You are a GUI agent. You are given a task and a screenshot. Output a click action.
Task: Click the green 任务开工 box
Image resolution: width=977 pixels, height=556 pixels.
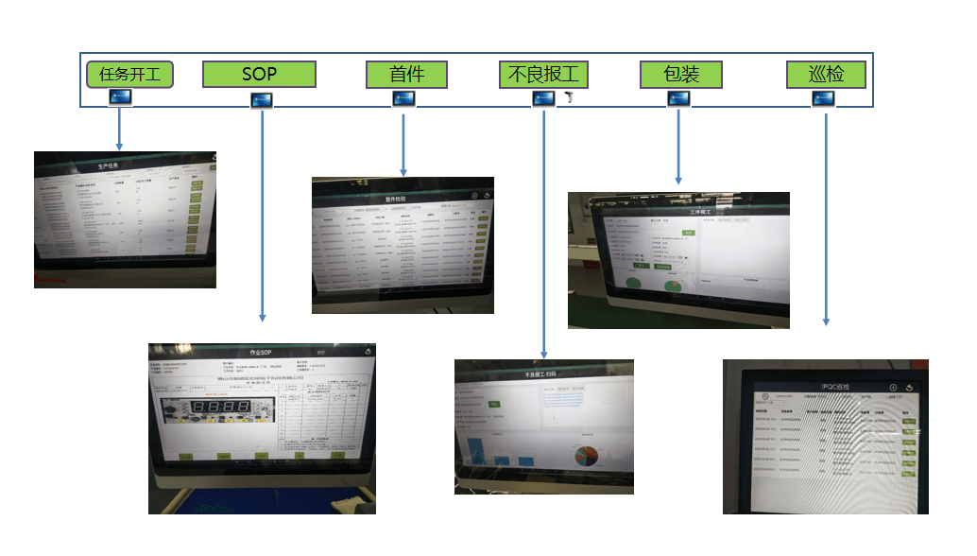click(x=129, y=75)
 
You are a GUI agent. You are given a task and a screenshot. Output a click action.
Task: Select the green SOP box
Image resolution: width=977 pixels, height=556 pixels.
click(x=259, y=75)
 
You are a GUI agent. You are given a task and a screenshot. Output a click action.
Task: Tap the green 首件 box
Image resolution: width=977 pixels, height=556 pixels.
click(x=407, y=75)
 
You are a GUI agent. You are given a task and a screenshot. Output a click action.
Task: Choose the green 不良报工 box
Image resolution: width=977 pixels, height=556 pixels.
click(x=544, y=75)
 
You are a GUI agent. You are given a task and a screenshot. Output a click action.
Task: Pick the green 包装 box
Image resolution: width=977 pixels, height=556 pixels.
click(x=680, y=75)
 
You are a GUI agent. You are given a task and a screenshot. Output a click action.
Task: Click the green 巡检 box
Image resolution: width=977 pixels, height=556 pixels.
click(x=827, y=75)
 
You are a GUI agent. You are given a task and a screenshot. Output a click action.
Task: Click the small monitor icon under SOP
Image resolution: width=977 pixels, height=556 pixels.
click(x=262, y=99)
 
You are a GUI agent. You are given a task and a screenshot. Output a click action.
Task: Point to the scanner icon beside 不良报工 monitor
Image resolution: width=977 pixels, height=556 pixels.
click(x=570, y=98)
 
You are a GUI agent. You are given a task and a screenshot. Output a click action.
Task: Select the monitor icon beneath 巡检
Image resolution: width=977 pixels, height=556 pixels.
click(x=826, y=97)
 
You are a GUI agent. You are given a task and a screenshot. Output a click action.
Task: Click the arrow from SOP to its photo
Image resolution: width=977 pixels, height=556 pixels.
click(x=262, y=217)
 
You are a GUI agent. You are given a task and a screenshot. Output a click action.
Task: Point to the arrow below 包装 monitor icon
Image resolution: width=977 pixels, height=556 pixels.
click(x=677, y=147)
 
